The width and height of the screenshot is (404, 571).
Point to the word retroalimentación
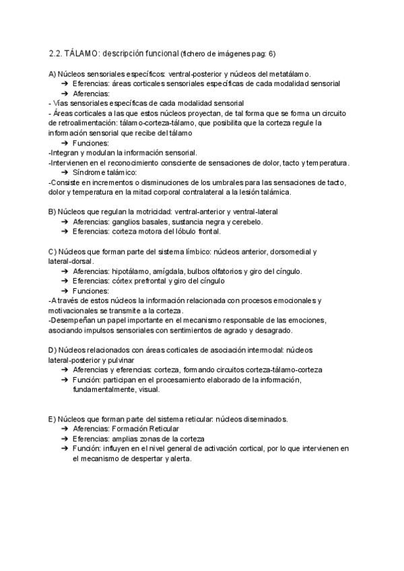78,123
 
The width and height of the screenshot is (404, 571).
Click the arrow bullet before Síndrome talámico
65,172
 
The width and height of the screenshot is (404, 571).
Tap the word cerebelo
246,222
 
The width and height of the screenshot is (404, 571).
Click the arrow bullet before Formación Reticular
65,429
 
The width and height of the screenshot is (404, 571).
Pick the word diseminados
267,419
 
